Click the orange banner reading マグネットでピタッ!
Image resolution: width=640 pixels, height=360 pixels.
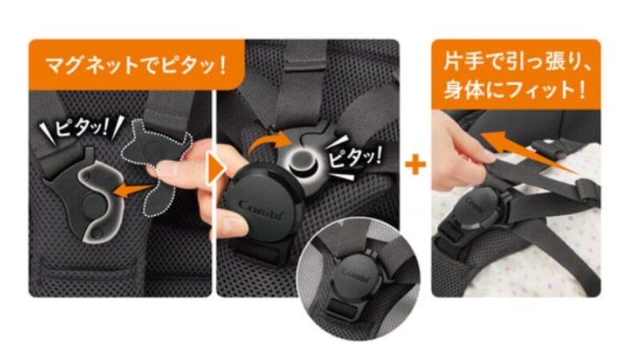[136, 65]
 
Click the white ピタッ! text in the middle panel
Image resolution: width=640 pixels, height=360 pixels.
[354, 157]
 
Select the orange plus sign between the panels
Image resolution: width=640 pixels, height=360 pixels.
[415, 165]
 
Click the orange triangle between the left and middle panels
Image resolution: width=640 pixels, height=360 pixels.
[216, 168]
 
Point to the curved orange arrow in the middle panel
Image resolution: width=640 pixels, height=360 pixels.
[270, 143]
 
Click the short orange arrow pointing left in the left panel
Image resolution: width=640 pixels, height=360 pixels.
[133, 190]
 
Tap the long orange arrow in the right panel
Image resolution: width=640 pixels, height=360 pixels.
[530, 153]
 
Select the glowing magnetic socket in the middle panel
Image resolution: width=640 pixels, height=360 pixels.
[302, 162]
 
